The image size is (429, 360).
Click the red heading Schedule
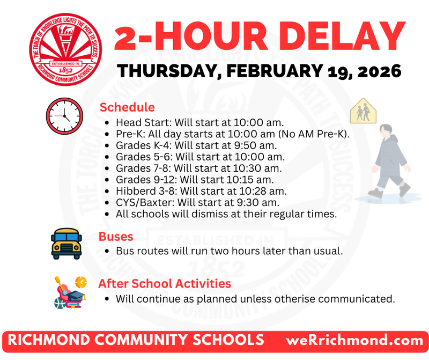(127, 107)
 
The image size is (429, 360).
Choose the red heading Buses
(116, 237)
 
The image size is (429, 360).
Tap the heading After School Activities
(165, 283)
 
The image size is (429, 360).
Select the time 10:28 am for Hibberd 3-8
(268, 190)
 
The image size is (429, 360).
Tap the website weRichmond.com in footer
(355, 340)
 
